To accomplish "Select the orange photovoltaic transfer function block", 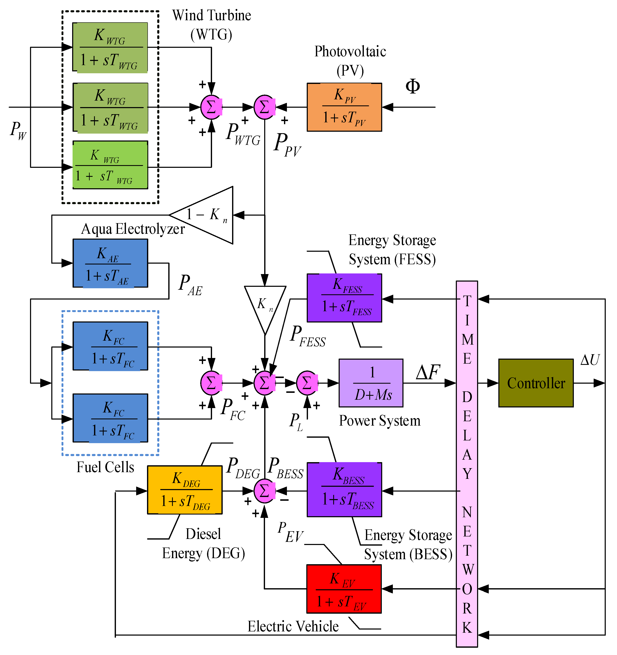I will [344, 107].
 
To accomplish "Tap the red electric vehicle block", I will [344, 589].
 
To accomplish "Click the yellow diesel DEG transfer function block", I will [185, 490].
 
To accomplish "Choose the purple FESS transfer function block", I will [344, 298].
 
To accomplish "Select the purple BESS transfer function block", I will [344, 490].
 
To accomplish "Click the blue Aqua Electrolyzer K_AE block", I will [110, 263].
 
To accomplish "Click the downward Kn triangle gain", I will [265, 305].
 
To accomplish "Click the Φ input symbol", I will [413, 86].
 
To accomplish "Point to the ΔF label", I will [428, 372].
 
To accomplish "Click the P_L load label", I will [296, 422].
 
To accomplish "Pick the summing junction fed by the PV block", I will [265, 107].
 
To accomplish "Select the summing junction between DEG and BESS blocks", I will [265, 491].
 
